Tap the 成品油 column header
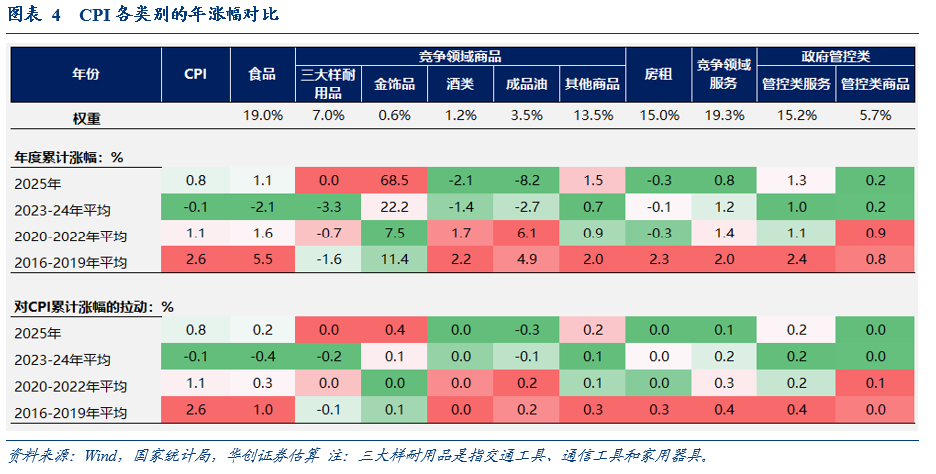[x=526, y=84]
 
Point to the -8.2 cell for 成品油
[x=526, y=180]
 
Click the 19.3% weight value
[x=723, y=116]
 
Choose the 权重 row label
[x=86, y=117]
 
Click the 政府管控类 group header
[x=835, y=57]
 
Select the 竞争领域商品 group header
[x=460, y=57]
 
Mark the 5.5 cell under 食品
[x=262, y=261]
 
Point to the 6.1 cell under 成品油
[x=526, y=235]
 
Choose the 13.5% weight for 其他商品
[x=592, y=116]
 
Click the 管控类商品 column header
[x=875, y=84]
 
